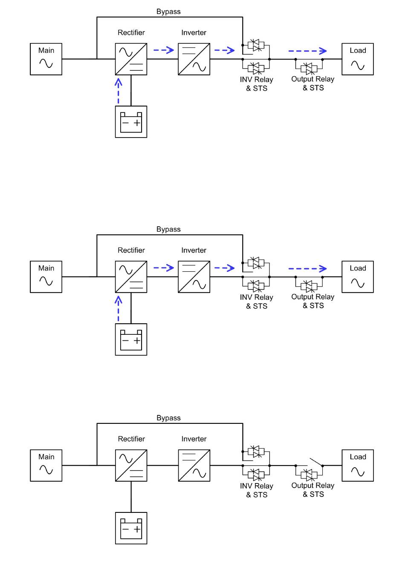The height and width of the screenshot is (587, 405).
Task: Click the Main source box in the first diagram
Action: click(46, 59)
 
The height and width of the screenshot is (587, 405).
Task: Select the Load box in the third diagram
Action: click(358, 466)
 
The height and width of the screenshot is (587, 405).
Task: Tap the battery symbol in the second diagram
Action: click(131, 340)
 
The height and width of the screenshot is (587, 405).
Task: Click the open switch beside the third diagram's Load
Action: click(315, 462)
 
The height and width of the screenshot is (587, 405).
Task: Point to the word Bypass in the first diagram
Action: click(168, 12)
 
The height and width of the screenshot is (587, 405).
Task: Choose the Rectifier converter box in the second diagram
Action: click(131, 277)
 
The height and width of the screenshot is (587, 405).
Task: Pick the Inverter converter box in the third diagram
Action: click(194, 466)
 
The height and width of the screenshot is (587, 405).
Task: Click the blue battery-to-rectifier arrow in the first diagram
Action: click(119, 91)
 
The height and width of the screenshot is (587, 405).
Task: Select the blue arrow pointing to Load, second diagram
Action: click(307, 269)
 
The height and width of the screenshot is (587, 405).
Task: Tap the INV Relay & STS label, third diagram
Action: click(257, 490)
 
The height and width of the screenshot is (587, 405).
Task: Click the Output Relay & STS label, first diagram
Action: click(313, 83)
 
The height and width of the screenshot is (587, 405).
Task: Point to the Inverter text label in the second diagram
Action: click(194, 250)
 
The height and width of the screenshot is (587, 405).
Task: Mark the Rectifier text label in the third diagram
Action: click(131, 439)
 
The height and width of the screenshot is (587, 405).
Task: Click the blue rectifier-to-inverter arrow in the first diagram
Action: click(164, 50)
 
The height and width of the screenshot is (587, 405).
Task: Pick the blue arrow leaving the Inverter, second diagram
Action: click(224, 268)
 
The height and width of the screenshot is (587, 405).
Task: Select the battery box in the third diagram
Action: click(131, 528)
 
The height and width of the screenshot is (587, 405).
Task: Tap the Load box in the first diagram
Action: click(358, 59)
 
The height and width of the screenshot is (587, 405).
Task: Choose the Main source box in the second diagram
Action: click(46, 277)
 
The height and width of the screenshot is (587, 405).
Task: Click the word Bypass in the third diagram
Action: click(168, 418)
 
